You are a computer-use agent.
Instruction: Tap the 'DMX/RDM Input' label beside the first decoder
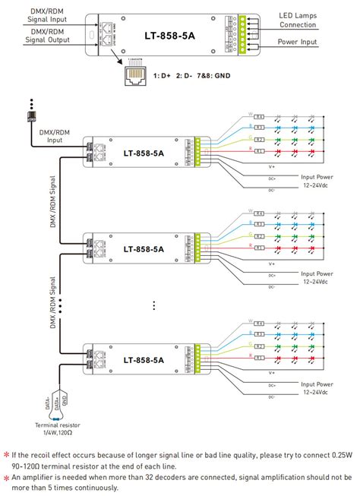coord(48,135)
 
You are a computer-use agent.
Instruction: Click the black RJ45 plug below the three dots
coord(31,117)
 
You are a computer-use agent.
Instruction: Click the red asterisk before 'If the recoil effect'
coord(7,454)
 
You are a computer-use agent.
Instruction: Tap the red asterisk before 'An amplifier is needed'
coord(7,477)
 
